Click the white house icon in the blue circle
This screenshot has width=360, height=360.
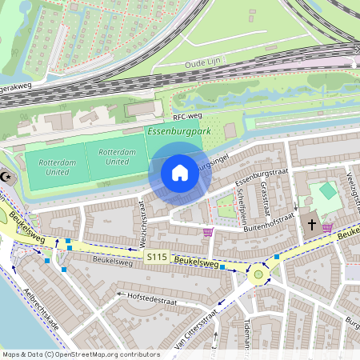(180, 172)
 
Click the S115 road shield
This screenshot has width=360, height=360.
(157, 256)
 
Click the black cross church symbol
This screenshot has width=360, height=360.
(312, 226)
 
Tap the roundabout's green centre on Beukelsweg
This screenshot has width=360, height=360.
(258, 274)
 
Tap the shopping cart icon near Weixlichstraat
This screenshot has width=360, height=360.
(209, 233)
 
